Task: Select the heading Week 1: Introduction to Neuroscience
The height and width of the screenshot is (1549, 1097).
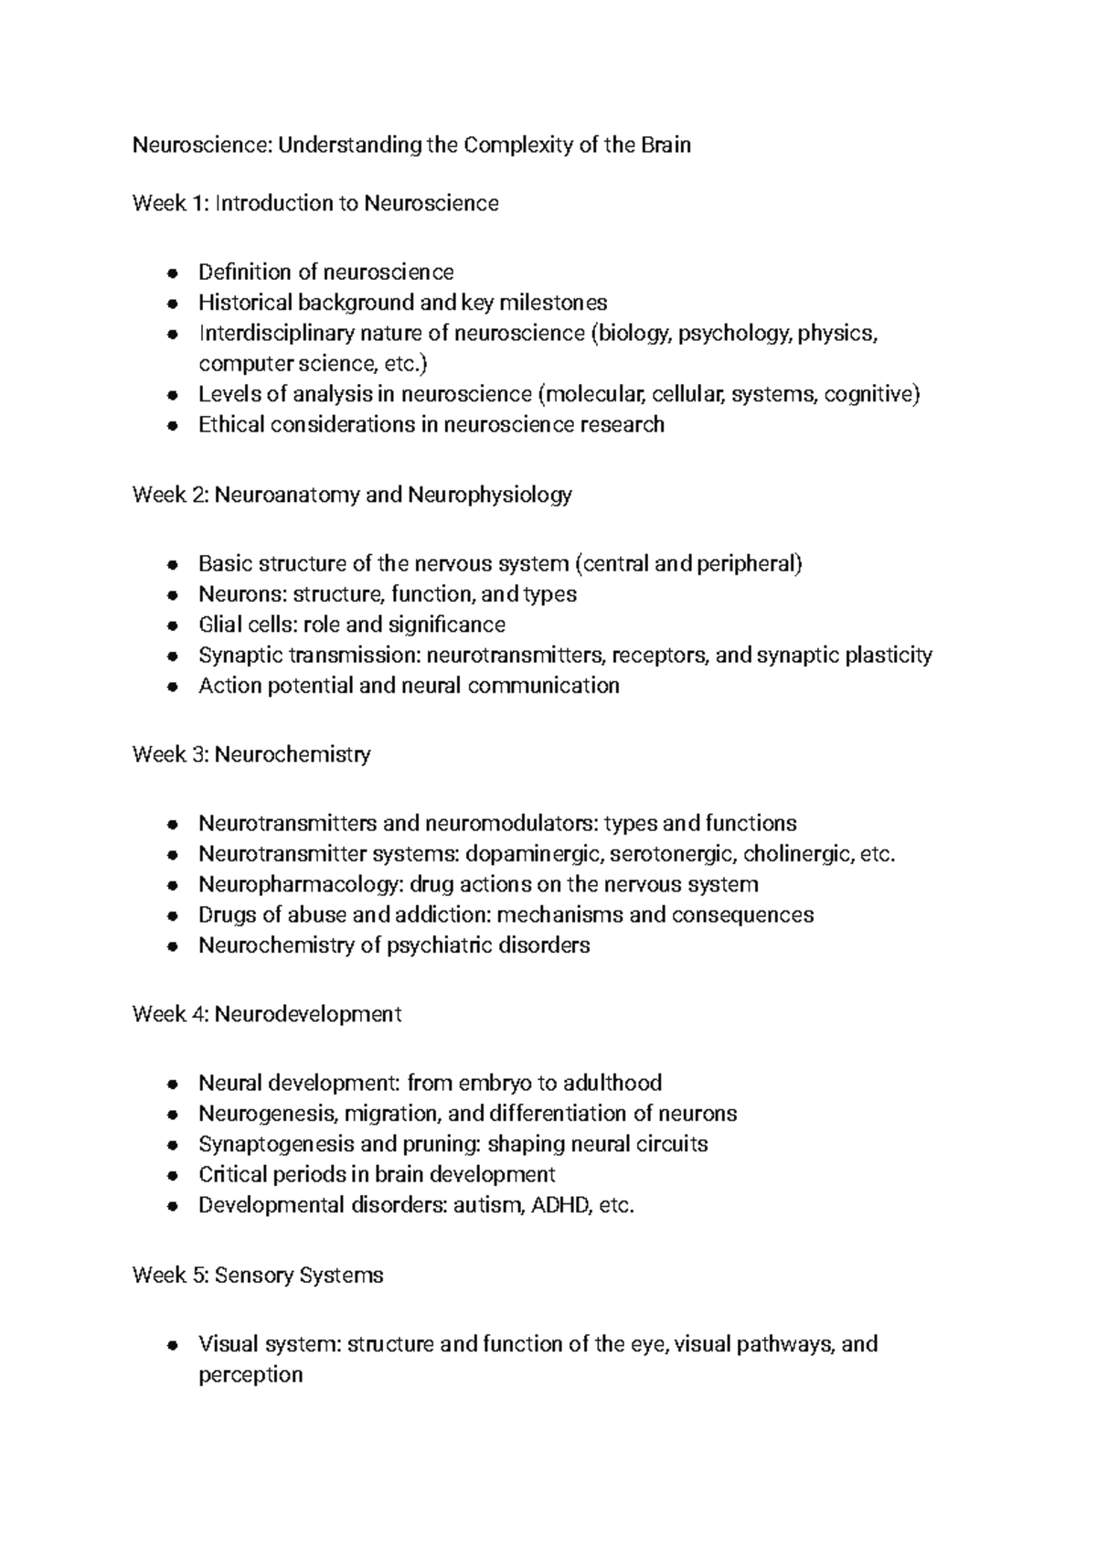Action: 315,204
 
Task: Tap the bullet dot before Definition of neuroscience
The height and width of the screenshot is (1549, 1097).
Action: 172,273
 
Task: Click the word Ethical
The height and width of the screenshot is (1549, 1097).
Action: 231,425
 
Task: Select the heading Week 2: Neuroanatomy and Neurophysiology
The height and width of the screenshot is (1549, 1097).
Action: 352,496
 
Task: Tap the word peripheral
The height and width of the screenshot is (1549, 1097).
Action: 749,564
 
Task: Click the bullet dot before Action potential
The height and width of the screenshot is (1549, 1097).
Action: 172,687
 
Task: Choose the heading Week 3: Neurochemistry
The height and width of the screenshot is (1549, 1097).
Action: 251,755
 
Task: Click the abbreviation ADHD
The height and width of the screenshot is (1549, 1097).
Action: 561,1206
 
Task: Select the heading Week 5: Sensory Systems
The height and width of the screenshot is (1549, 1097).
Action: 258,1276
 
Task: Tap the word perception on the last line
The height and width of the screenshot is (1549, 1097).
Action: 250,1375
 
